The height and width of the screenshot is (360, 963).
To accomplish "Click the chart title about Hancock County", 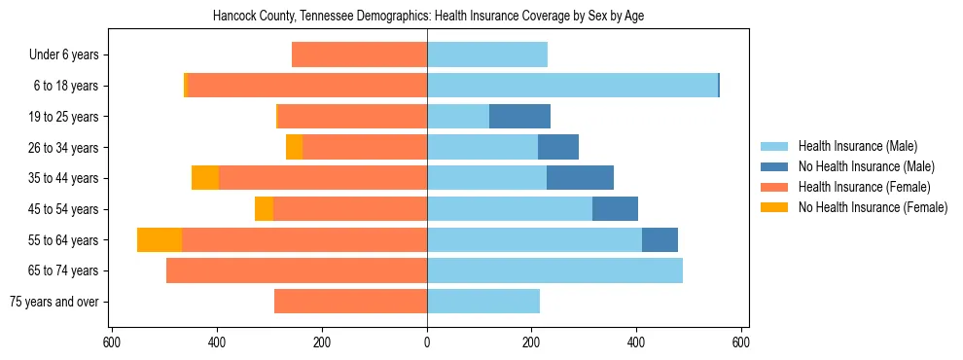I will tap(428, 16).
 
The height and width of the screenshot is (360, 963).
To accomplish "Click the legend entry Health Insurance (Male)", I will tap(857, 146).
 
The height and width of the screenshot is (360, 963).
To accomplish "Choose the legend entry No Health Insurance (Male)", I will tap(866, 166).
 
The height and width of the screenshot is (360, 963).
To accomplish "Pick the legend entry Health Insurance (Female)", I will tap(865, 187).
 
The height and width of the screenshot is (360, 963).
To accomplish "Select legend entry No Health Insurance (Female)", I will tap(873, 207).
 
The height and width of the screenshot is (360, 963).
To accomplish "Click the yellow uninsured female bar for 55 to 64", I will tap(160, 240).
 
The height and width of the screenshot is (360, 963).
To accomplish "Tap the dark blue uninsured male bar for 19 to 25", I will tap(519, 117).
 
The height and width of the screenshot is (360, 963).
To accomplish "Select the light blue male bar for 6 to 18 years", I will tap(572, 86).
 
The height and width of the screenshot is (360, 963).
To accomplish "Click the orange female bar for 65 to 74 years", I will tap(297, 270).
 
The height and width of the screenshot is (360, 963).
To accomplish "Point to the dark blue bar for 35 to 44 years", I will tap(580, 178).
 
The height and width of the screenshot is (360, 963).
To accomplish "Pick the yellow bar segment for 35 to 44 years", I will tap(205, 178).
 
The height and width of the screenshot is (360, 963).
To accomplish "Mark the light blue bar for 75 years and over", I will tap(483, 302).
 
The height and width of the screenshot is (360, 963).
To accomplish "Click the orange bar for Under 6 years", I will tap(359, 55).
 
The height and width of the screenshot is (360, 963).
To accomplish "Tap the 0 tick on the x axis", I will tap(427, 342).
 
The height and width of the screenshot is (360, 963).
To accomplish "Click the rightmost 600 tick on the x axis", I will tap(741, 342).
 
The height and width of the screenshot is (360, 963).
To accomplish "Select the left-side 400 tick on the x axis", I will tap(217, 342).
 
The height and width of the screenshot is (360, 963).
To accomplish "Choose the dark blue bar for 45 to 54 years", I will tap(615, 209).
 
